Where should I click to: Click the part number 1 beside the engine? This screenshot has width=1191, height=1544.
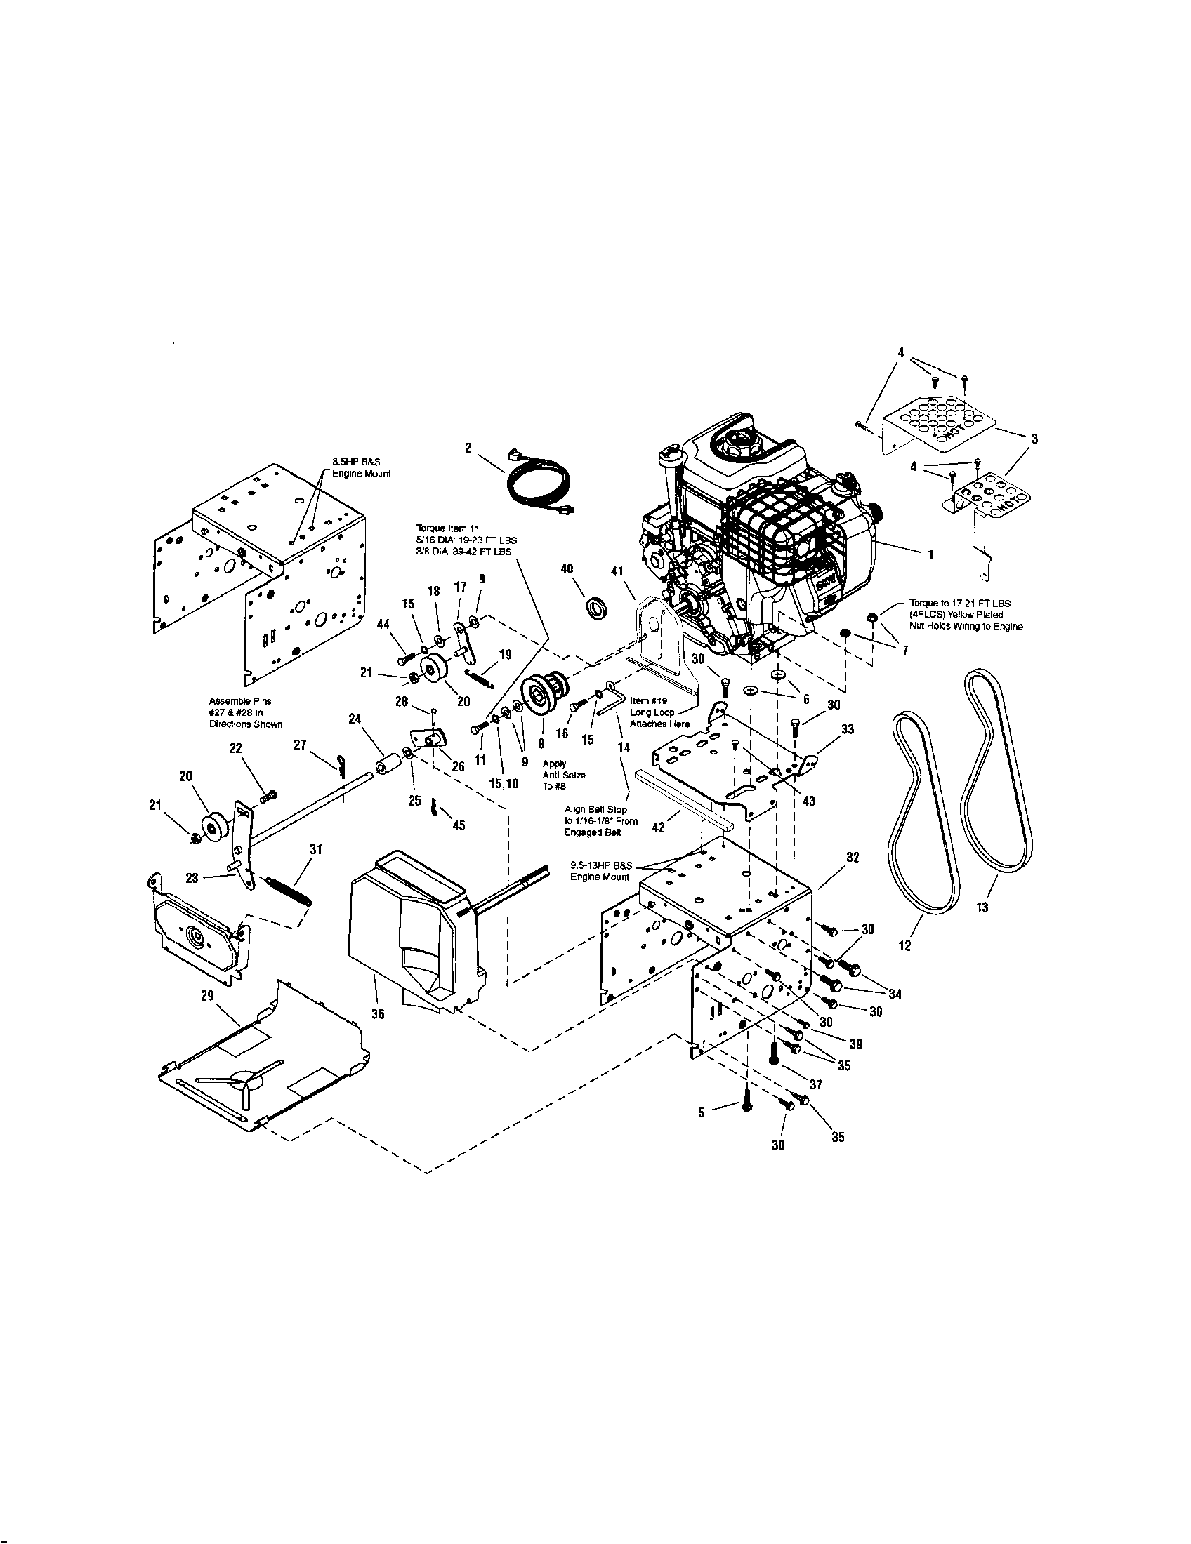[931, 555]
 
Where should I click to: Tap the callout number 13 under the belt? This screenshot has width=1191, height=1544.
[982, 907]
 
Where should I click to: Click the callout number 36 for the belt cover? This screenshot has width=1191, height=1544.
[379, 1014]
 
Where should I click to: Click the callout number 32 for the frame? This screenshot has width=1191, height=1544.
[853, 857]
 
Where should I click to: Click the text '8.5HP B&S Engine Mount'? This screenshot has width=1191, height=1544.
[362, 467]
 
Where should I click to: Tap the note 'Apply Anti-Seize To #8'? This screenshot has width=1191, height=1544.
[564, 775]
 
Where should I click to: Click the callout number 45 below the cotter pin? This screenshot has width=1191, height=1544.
[459, 825]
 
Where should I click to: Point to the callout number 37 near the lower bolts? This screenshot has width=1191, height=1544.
[815, 1084]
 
